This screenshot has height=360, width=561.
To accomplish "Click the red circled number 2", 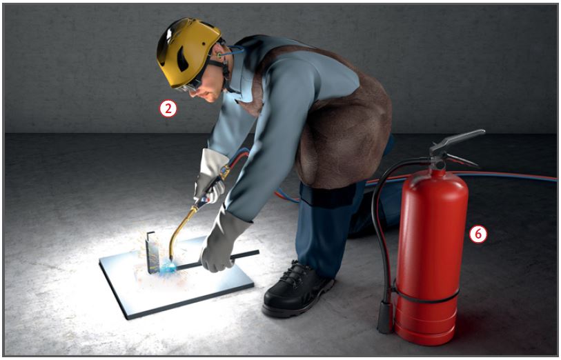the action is coord(168,109).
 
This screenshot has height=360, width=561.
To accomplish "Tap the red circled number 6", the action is coord(478,234).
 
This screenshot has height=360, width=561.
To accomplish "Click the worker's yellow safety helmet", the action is coord(188,52).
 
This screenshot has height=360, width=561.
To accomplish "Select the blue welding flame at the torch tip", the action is coord(169,267).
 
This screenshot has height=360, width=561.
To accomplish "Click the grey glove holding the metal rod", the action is coord(223,243).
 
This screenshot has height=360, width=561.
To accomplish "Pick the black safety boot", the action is coord(297,290).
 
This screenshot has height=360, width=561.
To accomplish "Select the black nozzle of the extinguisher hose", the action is coord(385,317).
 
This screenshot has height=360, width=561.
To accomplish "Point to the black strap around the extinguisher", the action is coord(426,297).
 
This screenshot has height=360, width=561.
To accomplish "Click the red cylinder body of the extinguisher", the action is coord(431,254).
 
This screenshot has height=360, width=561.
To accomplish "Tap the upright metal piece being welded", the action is coord(152,252).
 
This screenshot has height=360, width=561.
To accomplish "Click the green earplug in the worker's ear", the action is coord(219,55).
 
